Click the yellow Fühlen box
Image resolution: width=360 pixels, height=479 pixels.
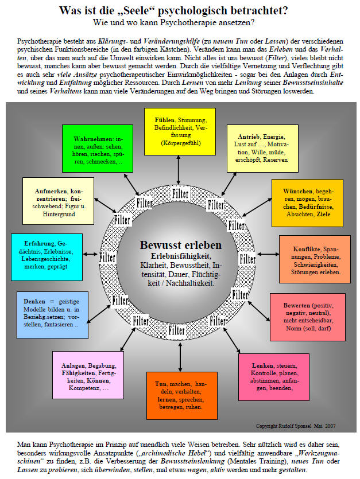pos(180,132)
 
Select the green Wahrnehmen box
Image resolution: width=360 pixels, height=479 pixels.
pos(98,149)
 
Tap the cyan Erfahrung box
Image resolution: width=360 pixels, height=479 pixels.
pos(47,257)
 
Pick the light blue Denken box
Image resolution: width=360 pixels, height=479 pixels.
pos(53,315)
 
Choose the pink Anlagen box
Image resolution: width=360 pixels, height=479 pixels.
pos(88,375)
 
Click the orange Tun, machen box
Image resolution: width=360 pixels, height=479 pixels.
pos(182,396)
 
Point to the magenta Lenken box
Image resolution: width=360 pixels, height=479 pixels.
pos(274,377)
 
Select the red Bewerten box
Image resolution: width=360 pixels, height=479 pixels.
pos(308,317)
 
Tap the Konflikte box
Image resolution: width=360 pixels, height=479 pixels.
pos(315,259)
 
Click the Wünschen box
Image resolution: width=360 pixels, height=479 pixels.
pos(307,203)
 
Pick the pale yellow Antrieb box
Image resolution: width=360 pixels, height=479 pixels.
pos(262,149)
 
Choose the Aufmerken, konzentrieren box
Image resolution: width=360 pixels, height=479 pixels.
pos(58,201)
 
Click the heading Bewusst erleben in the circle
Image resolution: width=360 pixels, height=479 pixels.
pos(181,245)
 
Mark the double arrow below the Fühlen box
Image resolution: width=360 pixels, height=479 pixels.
pos(179,170)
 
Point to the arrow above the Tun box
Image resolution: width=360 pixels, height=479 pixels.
pos(180,357)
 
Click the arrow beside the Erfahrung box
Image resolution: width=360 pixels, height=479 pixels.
pos(90,254)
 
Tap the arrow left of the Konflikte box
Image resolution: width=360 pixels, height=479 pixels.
pos(268,254)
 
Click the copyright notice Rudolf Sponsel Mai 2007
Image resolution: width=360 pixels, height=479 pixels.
pos(296,426)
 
